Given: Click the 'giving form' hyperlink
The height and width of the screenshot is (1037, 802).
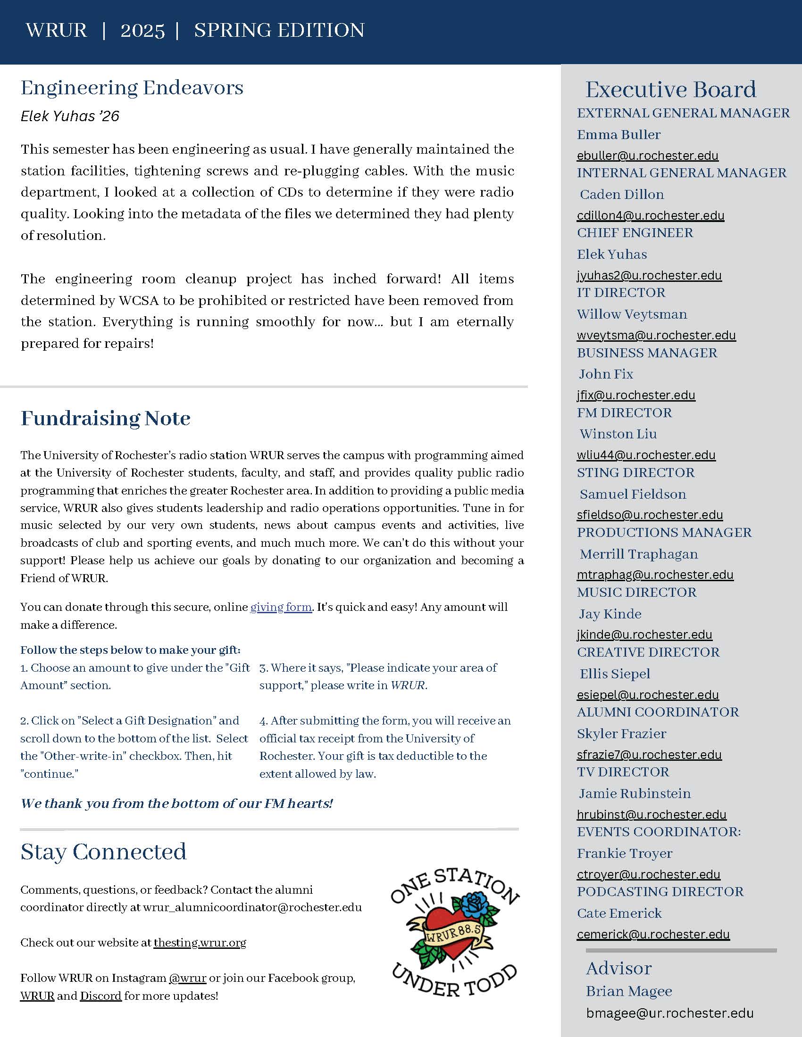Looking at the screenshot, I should coord(281,607).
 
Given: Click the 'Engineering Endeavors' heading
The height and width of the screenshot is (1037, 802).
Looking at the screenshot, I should coord(132,88).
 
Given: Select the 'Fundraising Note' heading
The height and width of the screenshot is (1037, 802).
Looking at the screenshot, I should coord(106,418).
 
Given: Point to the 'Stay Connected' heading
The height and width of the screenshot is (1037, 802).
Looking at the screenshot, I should coord(104,852).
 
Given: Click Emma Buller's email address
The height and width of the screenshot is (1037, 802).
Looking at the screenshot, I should coord(648,156).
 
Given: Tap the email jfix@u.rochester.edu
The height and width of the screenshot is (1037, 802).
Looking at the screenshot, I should coord(636,395).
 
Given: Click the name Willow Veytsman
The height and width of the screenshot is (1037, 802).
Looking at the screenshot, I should coord(632,314).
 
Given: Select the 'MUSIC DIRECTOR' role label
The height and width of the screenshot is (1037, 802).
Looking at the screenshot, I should coord(637,592).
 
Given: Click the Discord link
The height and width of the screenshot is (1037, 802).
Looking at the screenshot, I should coord(101,996).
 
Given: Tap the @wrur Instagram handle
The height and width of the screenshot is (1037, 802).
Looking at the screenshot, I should coord(188,978).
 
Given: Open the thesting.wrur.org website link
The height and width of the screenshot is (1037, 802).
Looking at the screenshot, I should coord(200,943).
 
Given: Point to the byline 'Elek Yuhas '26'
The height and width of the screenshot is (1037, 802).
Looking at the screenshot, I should coord(70,116).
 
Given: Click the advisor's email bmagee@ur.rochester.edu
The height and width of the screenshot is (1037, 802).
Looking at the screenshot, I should coord(670,1013).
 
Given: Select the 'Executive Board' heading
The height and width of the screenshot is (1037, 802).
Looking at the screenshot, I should coord(671,90).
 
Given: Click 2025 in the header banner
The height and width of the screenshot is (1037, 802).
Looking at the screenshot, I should coord(142,31).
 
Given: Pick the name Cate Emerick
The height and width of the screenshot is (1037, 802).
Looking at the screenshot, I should coord(619,913).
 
